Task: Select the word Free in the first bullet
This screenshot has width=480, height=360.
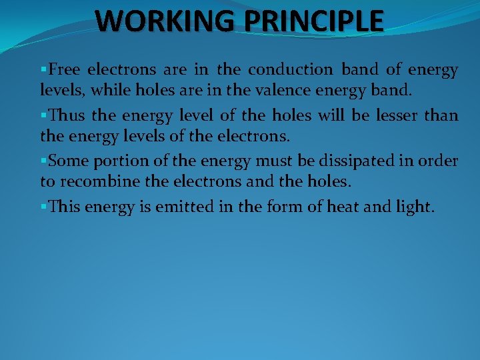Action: (x=65, y=69)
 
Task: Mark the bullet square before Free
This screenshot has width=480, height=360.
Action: (x=44, y=69)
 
